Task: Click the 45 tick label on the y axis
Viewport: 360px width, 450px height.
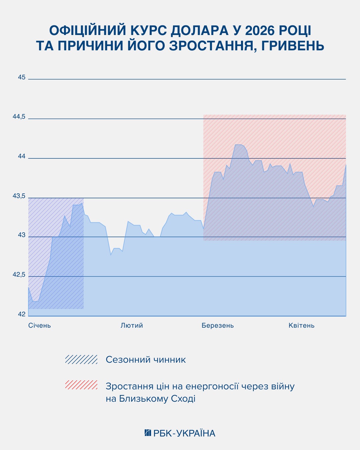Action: (x=22, y=77)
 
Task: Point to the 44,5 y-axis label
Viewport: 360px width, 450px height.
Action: (x=19, y=117)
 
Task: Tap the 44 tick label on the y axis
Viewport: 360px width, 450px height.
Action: (x=22, y=156)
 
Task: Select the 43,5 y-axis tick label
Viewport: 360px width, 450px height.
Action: (x=19, y=196)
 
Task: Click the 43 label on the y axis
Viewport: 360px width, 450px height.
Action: (x=22, y=235)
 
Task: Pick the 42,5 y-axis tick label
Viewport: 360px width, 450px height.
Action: (x=19, y=275)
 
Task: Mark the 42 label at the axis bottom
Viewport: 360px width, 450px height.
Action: (x=22, y=314)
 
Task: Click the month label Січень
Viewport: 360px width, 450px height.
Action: (x=40, y=325)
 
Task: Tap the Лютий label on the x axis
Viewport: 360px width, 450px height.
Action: (x=132, y=325)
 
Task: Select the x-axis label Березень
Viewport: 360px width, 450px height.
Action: (x=218, y=325)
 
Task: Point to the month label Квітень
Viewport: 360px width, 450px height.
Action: (x=301, y=325)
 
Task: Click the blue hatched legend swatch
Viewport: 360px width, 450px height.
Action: (x=81, y=359)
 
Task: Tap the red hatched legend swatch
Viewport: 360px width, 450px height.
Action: (x=81, y=385)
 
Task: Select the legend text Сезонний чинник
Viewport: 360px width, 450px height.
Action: (x=146, y=360)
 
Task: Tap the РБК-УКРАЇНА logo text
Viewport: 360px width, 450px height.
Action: (x=184, y=433)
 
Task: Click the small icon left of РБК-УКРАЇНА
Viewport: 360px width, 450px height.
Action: (x=148, y=433)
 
